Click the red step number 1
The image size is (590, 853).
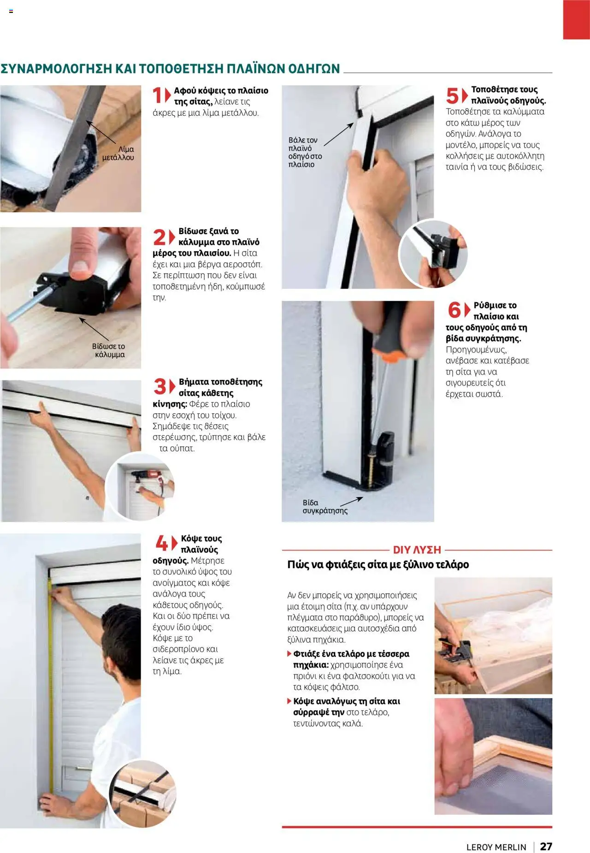pyautogui.click(x=158, y=95)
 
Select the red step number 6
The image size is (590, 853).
pyautogui.click(x=454, y=310)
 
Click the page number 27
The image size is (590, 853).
pyautogui.click(x=546, y=846)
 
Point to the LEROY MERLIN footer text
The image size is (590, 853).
pyautogui.click(x=496, y=847)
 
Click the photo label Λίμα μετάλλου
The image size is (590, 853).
pyautogui.click(x=118, y=153)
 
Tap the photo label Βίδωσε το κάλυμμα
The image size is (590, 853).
pyautogui.click(x=109, y=350)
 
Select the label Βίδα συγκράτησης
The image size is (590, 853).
pyautogui.click(x=324, y=506)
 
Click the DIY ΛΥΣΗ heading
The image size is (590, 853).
pyautogui.click(x=417, y=550)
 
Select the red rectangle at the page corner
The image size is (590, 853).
pyautogui.click(x=576, y=19)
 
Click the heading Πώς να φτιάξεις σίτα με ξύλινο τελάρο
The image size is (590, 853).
pyautogui.click(x=378, y=564)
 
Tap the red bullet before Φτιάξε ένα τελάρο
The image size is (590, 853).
pyautogui.click(x=289, y=653)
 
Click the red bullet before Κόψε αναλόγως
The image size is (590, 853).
pyautogui.click(x=289, y=701)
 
